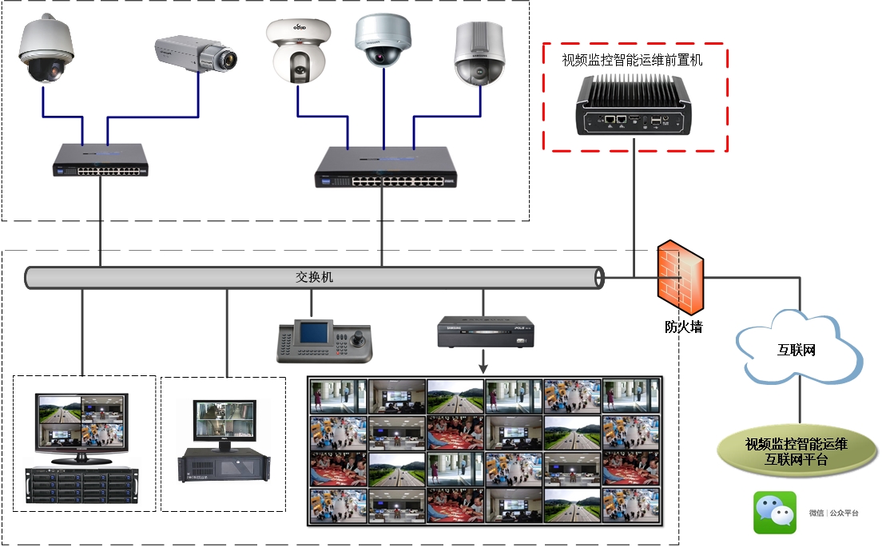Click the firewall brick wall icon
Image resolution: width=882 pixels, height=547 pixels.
681,275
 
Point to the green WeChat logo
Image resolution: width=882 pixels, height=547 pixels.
775,513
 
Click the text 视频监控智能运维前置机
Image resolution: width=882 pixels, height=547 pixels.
632,60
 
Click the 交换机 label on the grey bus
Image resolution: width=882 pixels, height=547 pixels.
315,277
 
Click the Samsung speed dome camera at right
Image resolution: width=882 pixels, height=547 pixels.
480,54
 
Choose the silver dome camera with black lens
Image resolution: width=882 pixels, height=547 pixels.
383,39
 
